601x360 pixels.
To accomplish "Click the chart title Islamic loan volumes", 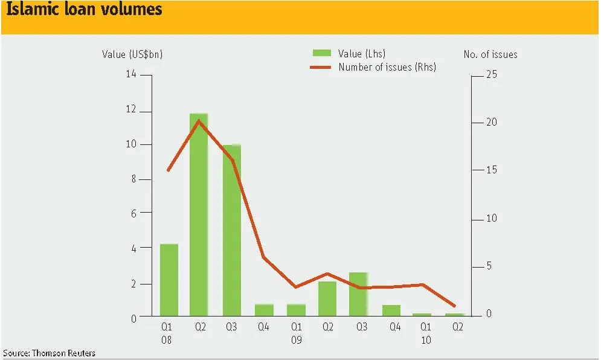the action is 85,9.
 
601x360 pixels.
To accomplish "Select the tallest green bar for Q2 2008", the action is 199,214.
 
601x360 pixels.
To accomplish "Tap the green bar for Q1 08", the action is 169,280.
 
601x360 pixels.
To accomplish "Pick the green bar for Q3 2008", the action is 232,230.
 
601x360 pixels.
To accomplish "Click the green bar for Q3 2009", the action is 358,294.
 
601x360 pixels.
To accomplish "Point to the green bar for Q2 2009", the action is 327,298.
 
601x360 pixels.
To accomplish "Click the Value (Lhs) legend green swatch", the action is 322,53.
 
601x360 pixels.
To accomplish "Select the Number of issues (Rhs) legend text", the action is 387,67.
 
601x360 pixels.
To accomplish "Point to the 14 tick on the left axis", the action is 131,74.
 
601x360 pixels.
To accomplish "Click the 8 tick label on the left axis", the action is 133,179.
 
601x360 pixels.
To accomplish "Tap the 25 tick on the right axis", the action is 492,74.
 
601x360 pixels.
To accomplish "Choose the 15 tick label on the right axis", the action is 492,170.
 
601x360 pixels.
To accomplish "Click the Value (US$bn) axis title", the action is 132,54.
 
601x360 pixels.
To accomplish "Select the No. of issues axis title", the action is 490,54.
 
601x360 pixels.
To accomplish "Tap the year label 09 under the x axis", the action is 297,340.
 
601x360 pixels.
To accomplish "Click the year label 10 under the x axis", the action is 426,340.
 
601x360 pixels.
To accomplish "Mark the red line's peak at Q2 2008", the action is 199,121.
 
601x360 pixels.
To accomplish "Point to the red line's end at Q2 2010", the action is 455,306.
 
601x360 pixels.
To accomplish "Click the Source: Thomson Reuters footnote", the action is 49,353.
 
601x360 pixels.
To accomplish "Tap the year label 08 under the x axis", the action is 166,340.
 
